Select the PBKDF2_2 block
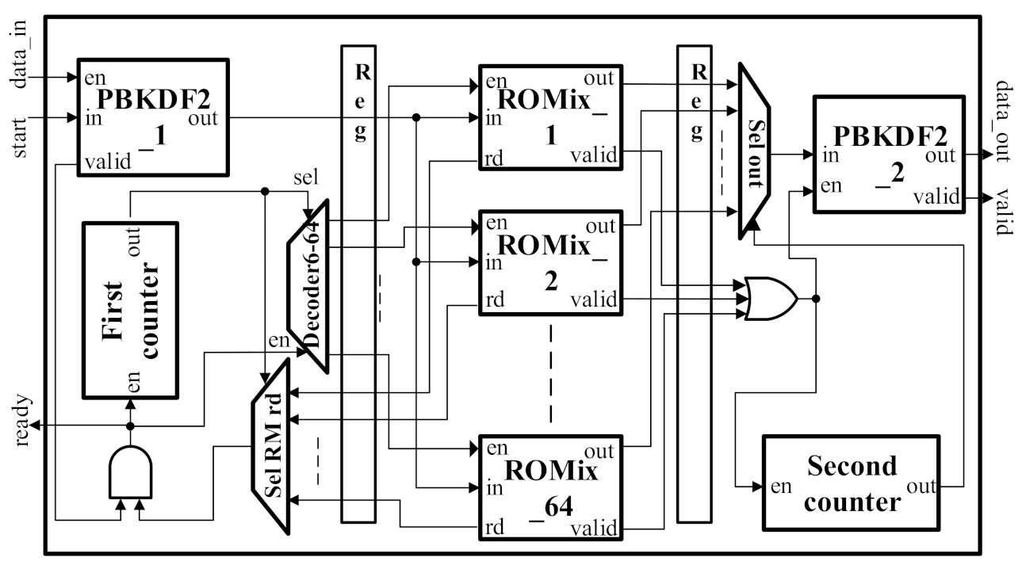[x=889, y=154]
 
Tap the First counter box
[x=130, y=309]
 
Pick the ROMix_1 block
[x=549, y=116]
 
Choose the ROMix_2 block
[x=549, y=262]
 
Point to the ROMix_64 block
[x=549, y=486]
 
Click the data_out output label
[x=1002, y=120]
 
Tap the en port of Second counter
[x=781, y=486]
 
